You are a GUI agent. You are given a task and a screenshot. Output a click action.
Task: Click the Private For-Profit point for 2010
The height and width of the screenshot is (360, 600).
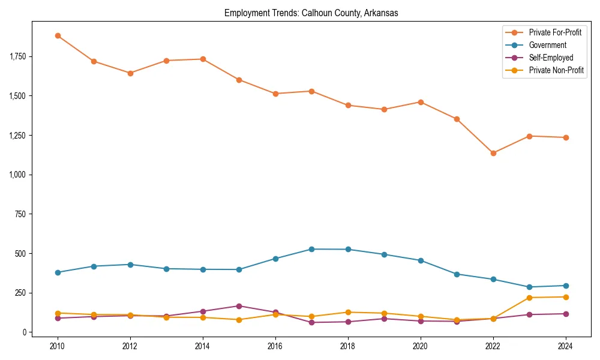(58, 35)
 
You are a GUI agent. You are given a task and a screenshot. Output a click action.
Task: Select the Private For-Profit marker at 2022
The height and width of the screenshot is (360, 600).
(493, 153)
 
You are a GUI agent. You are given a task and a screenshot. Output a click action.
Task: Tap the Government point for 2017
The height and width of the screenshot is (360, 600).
(311, 249)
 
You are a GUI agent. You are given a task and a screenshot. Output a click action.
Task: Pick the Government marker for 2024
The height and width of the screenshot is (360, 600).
(566, 286)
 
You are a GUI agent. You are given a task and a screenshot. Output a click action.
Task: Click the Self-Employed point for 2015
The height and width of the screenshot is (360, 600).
(239, 306)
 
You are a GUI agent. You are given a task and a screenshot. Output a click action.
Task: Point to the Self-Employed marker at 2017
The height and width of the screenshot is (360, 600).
(311, 322)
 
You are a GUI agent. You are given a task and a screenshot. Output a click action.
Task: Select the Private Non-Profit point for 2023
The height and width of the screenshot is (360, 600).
(529, 298)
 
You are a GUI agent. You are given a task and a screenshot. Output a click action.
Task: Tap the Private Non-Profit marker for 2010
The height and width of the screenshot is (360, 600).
(58, 313)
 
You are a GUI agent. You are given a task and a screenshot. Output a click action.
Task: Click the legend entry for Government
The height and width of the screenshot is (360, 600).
(547, 45)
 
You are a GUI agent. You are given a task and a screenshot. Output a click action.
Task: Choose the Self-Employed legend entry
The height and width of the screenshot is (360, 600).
(551, 58)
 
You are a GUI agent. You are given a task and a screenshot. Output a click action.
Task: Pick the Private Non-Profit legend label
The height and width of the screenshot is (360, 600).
(556, 70)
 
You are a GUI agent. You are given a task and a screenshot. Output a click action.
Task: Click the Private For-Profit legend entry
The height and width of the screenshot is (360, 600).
(555, 32)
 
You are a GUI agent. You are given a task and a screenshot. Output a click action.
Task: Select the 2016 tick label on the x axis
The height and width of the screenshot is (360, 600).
(275, 346)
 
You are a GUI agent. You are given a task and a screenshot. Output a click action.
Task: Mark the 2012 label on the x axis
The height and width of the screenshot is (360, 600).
(130, 346)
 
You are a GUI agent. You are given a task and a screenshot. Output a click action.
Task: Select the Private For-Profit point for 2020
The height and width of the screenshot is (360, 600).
(421, 102)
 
